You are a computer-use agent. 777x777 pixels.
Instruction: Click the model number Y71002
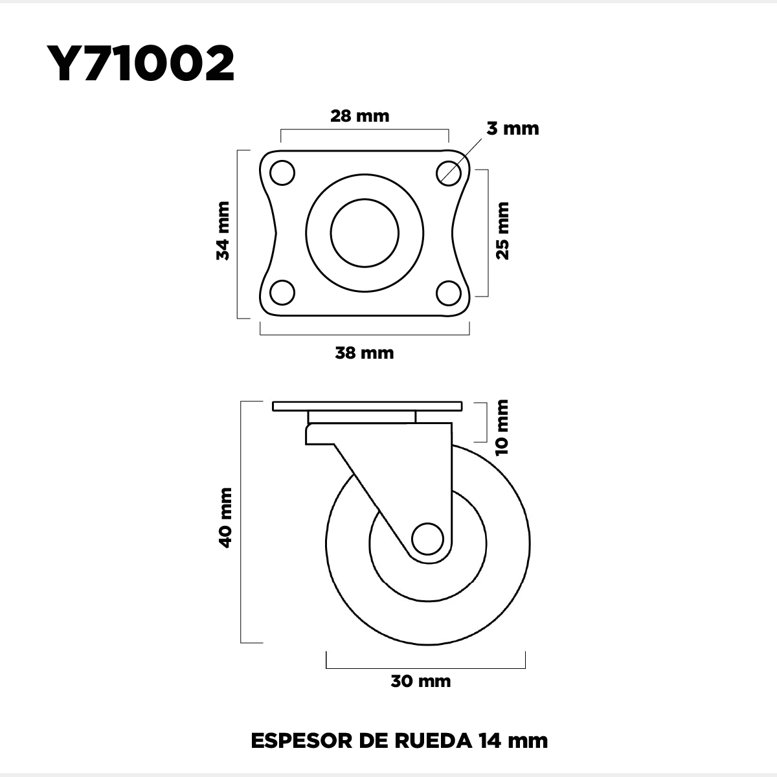[141, 63]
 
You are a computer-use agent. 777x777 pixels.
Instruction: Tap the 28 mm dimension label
[359, 116]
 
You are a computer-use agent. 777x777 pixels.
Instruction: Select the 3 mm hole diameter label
[512, 129]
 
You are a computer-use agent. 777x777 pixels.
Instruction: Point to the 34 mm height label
[223, 231]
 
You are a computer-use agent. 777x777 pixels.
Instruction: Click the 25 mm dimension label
[502, 231]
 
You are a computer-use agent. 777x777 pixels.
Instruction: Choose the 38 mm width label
[364, 353]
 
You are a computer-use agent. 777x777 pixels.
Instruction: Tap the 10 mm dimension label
[502, 427]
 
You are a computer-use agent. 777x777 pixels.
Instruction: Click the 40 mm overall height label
[225, 518]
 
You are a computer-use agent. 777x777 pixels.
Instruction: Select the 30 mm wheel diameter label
[421, 681]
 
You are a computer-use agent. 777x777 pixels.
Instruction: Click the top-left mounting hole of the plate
[282, 173]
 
